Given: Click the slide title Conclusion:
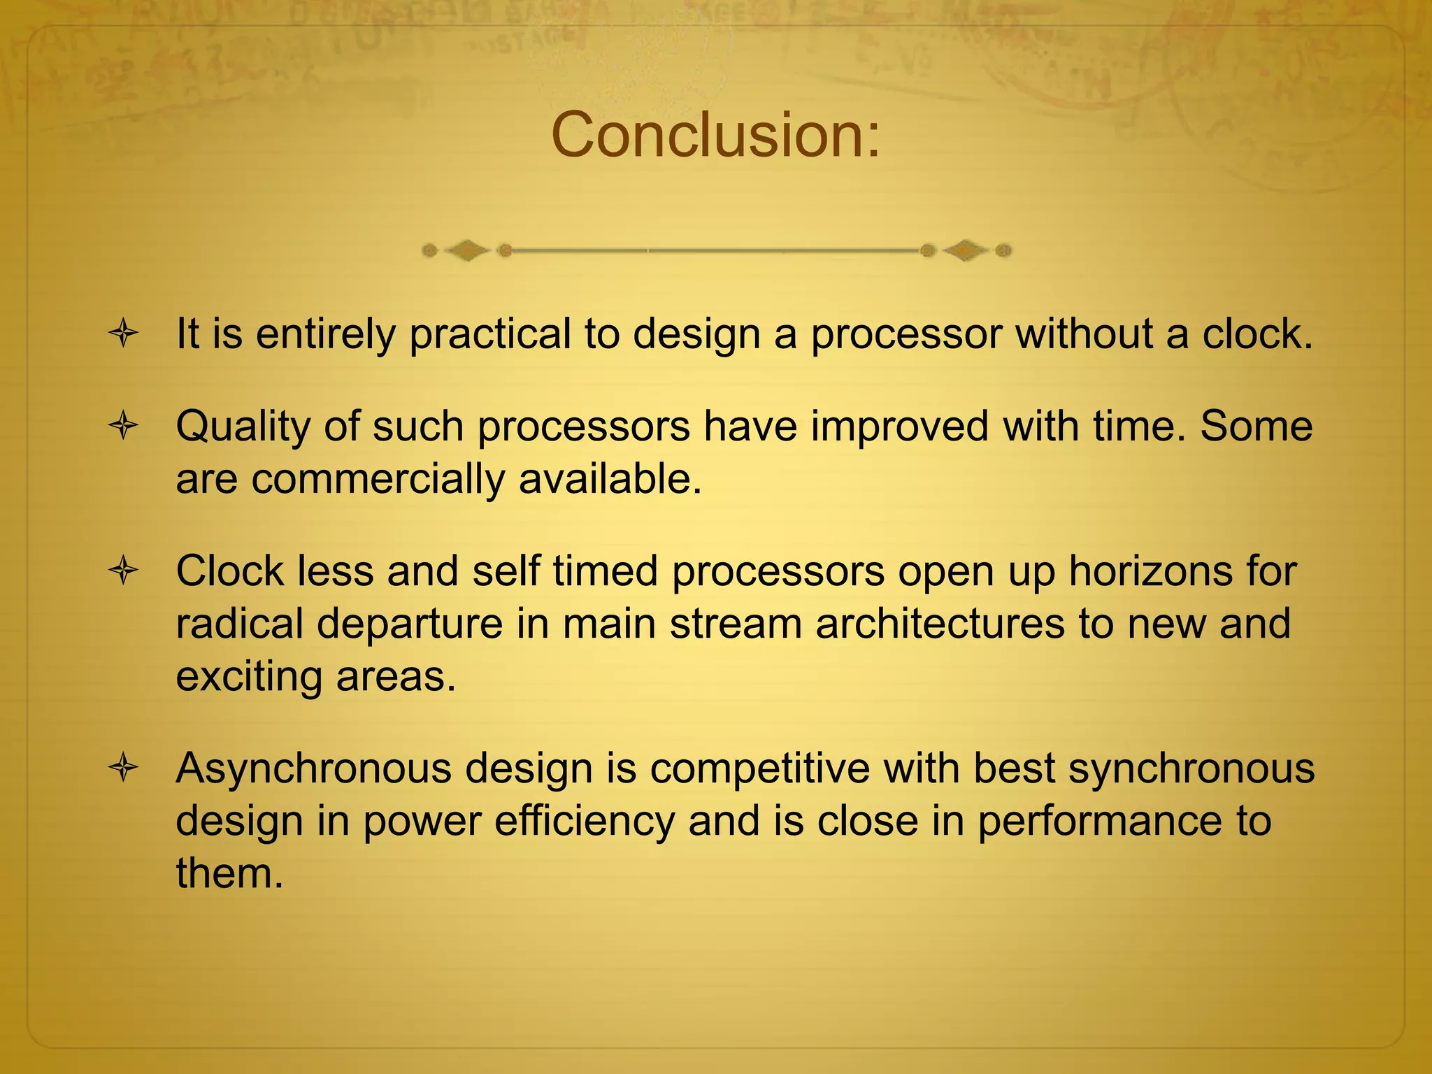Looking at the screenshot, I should coord(715,135).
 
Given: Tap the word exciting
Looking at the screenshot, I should coord(249,677).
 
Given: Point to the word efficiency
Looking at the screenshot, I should coord(585,822).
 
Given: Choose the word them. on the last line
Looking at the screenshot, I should coord(229,874).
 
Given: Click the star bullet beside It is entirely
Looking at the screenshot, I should coord(124,334).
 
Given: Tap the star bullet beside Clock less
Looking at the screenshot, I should coord(124,571).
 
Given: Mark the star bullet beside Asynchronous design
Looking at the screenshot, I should coord(124,768).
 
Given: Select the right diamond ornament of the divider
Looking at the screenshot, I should coord(966,250).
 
